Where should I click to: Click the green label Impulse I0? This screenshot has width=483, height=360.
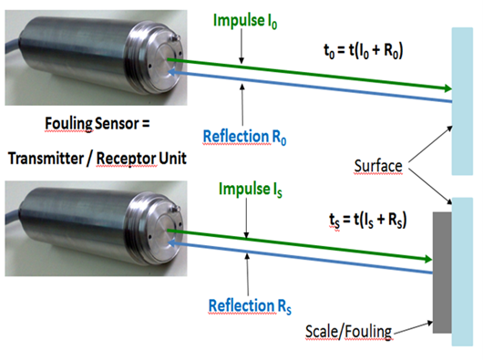(245, 21)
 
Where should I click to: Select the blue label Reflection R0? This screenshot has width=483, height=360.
(244, 137)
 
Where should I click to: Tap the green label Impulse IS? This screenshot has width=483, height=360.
(251, 189)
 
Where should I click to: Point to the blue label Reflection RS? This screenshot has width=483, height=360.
(250, 306)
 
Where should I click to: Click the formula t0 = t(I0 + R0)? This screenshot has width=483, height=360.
(364, 50)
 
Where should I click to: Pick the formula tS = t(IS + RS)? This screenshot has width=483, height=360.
(368, 221)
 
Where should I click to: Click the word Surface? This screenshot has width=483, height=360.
(378, 166)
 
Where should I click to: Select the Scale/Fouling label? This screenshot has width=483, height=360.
(349, 332)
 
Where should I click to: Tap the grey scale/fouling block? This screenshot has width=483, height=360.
(442, 273)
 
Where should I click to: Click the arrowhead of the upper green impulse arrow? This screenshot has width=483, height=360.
(448, 88)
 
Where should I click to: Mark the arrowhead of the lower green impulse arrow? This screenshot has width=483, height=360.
(428, 259)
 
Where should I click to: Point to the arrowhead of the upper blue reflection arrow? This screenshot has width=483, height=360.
(171, 72)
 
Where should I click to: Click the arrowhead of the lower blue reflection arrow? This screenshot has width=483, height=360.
(171, 243)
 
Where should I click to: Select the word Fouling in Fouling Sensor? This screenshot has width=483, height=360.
(68, 124)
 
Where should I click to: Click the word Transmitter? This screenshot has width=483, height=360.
(46, 159)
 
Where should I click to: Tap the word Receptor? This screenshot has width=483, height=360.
(127, 159)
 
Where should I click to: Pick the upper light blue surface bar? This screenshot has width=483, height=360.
(462, 101)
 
